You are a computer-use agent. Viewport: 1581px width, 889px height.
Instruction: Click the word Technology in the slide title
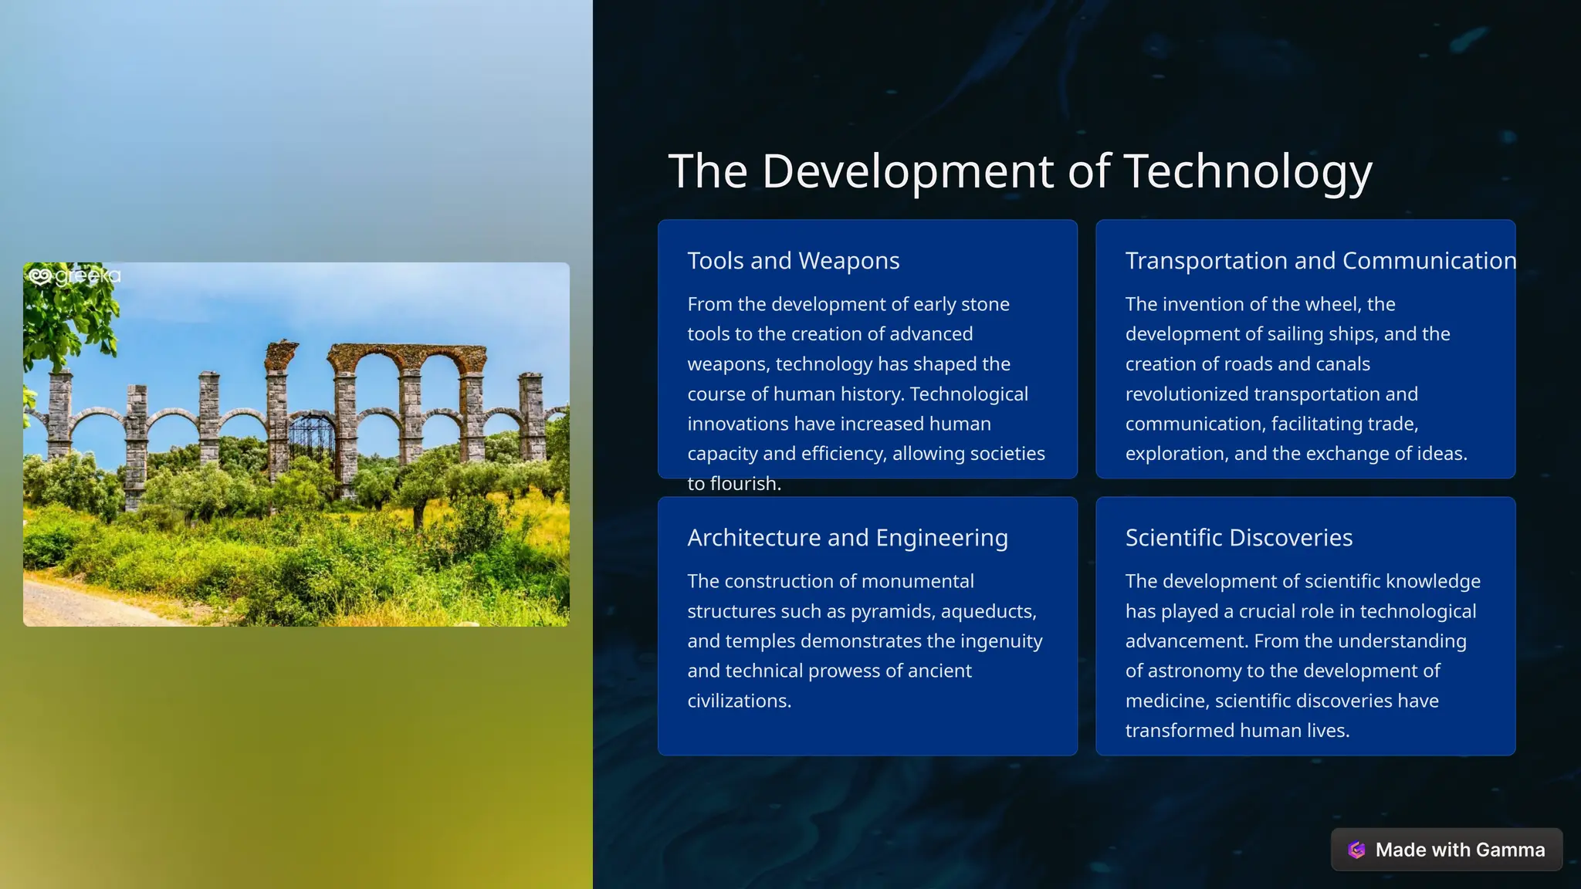1248,171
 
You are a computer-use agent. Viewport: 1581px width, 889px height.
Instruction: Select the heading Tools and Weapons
793,261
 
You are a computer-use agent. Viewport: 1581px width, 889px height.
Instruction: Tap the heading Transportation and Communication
1320,261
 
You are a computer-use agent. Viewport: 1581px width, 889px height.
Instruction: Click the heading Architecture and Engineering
847,538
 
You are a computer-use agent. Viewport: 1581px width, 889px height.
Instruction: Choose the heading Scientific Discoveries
1238,538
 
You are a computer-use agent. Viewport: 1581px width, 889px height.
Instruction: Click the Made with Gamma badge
1446,850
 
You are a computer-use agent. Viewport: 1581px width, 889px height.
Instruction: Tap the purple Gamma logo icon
1356,850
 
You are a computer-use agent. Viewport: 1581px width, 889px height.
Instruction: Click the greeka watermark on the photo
74,275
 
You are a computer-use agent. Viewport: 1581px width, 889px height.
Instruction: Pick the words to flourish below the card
734,484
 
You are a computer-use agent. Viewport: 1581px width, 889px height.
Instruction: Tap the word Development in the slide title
908,171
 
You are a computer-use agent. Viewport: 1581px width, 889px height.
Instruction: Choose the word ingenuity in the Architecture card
1001,641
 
